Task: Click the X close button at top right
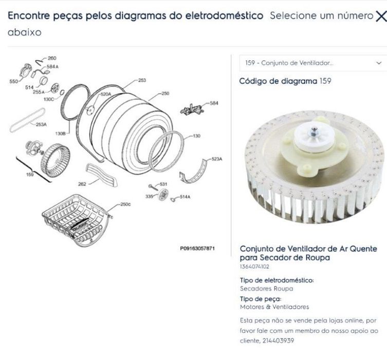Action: [381, 16]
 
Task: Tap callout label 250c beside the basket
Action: [125, 204]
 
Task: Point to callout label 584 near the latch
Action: [214, 103]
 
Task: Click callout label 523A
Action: [217, 159]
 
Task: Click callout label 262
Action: [82, 183]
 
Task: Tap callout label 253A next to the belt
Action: [41, 124]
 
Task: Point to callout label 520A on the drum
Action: [105, 94]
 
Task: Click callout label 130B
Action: [60, 133]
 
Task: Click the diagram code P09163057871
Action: [197, 248]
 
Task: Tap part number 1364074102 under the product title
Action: [254, 266]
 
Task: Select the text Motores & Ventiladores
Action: [274, 307]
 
